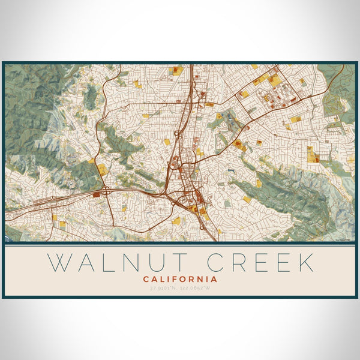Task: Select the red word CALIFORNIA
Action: coord(180,279)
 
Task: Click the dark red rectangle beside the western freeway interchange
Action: coord(97,194)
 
